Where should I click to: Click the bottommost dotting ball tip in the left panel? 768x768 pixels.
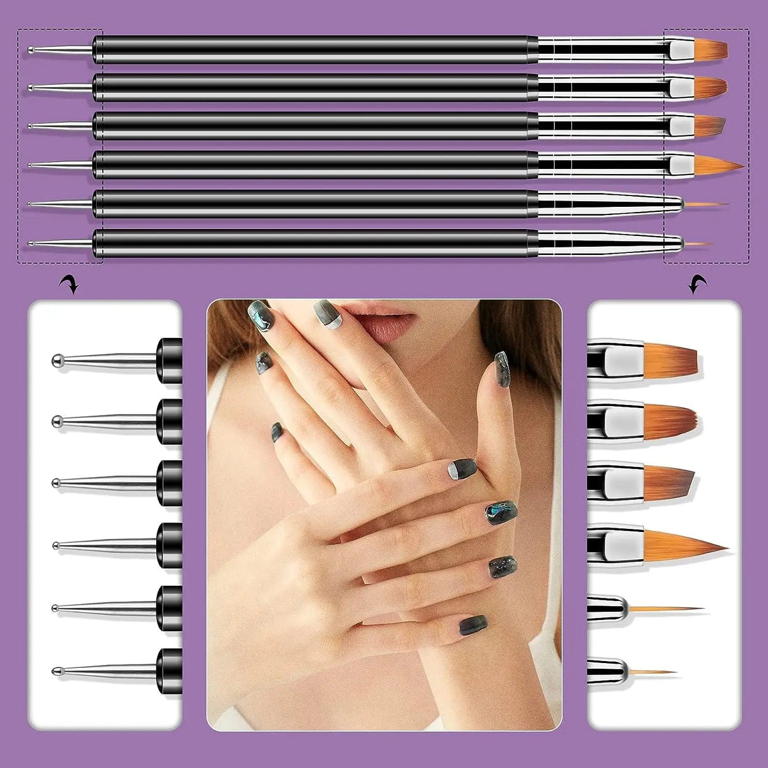(56, 669)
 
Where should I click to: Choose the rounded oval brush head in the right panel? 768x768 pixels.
(671, 417)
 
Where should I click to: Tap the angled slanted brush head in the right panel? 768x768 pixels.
(669, 478)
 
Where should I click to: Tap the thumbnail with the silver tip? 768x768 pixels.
(463, 468)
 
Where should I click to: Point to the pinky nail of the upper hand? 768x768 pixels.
(276, 433)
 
